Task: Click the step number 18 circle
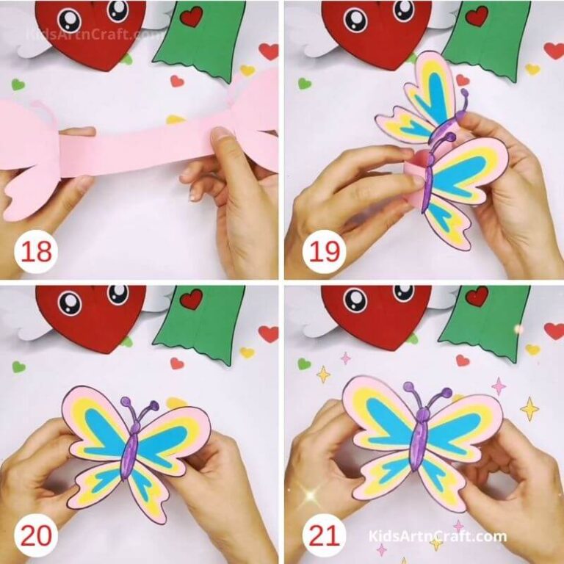[37, 252]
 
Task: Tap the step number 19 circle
[322, 252]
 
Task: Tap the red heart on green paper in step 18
[192, 16]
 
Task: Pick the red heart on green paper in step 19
[477, 16]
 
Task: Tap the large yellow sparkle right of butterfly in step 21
[529, 408]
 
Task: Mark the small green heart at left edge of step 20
[18, 366]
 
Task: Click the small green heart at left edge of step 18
[18, 84]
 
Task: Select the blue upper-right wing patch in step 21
[455, 426]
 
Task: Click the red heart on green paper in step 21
[477, 296]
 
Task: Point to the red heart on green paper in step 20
[191, 299]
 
